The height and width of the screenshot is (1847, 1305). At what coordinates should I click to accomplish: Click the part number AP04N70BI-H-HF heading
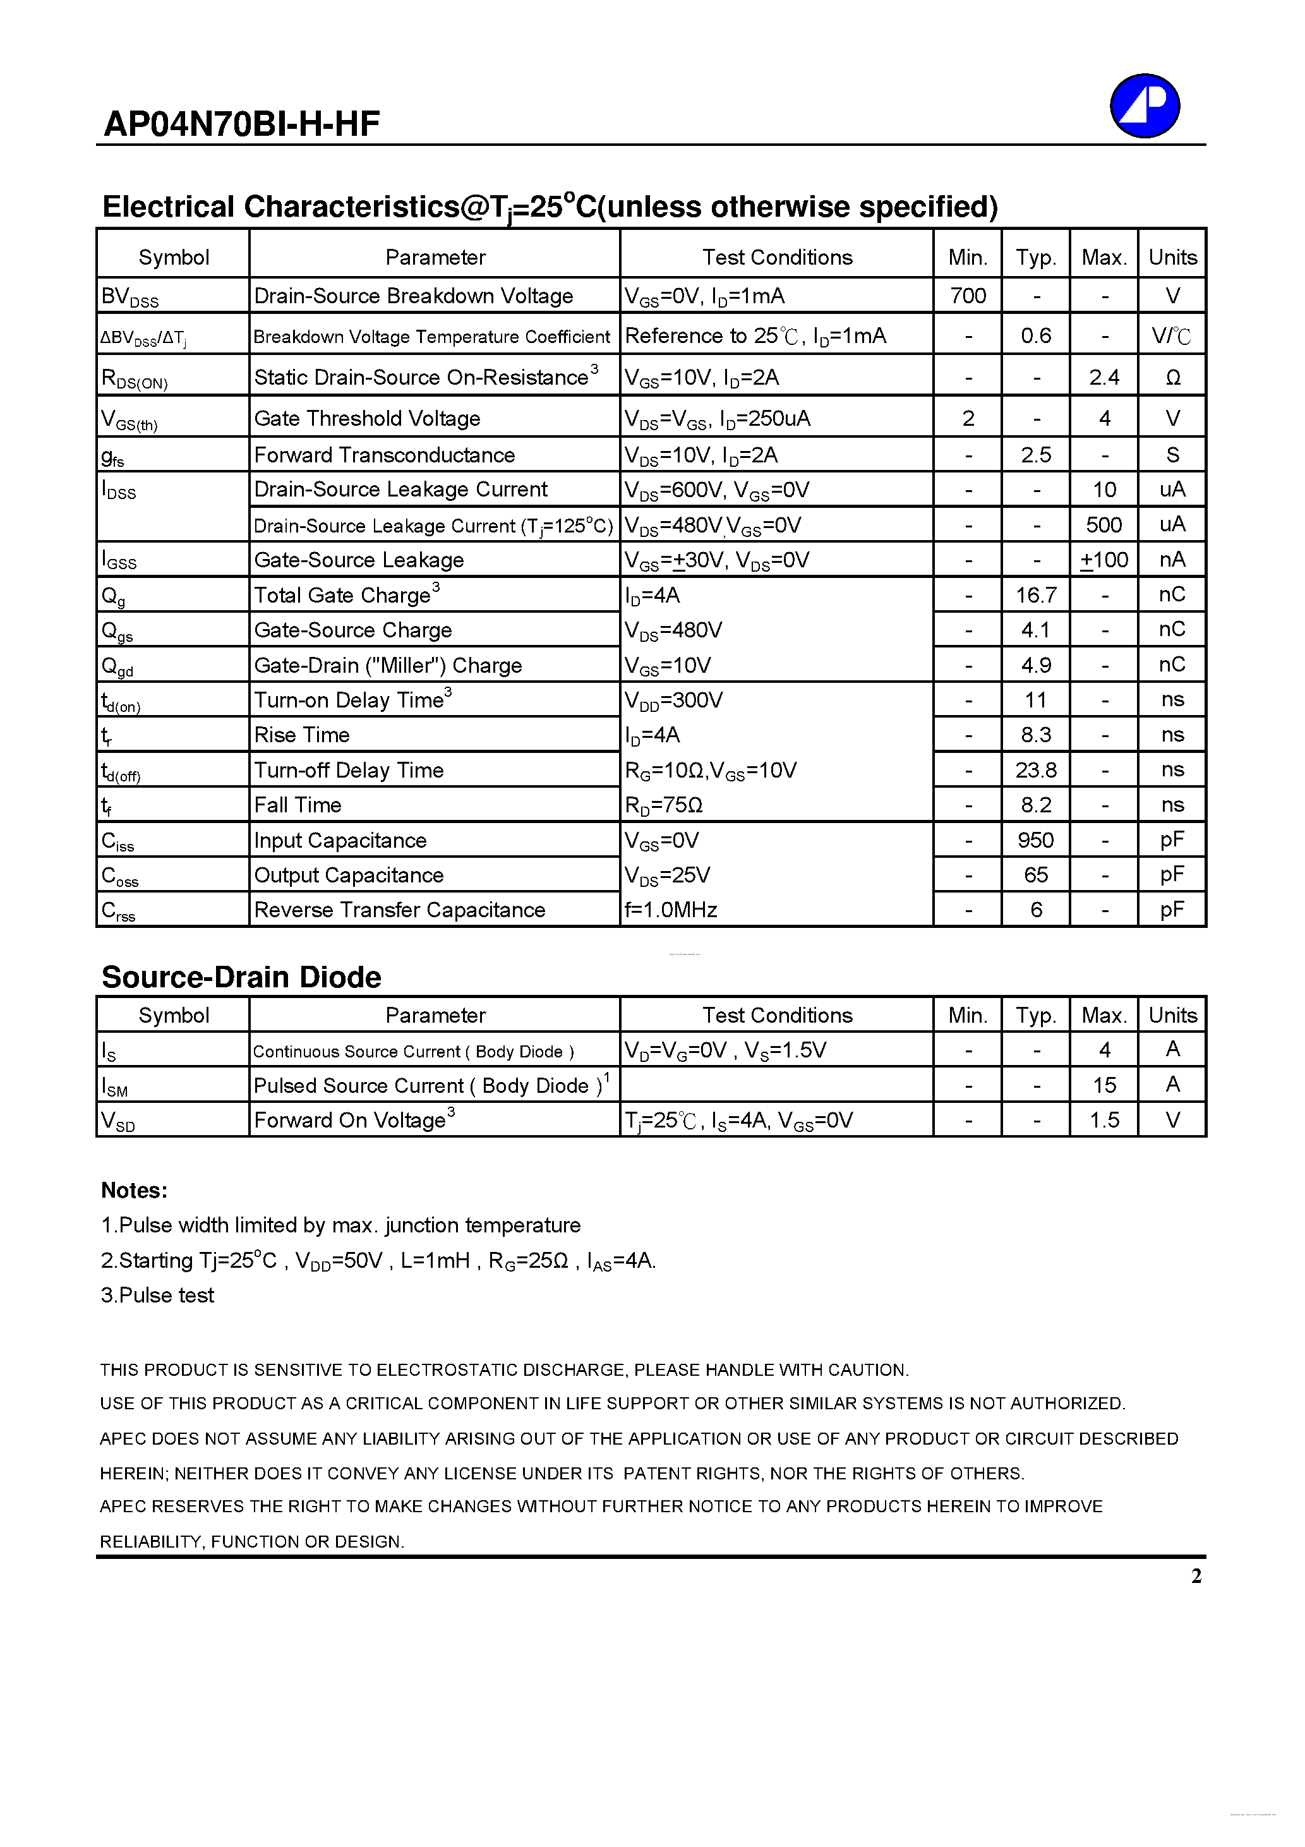click(241, 124)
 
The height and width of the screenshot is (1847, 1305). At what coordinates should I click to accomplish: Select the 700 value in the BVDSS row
click(967, 296)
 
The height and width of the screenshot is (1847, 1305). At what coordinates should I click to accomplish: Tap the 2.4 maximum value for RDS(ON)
click(1104, 377)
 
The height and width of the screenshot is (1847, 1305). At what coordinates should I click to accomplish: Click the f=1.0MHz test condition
click(671, 910)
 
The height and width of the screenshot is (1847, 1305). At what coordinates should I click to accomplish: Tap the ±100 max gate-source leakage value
click(1104, 560)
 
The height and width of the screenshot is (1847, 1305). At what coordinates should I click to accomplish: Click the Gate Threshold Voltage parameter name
click(367, 418)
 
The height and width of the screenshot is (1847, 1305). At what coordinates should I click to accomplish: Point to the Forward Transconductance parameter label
click(385, 455)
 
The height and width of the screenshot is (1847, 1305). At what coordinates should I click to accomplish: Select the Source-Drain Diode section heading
click(241, 977)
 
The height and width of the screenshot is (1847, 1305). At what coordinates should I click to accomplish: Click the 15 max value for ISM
click(1104, 1085)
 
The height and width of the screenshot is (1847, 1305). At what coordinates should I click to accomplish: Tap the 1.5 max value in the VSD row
click(1104, 1120)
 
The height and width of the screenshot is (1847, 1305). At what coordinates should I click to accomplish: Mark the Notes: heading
click(135, 1191)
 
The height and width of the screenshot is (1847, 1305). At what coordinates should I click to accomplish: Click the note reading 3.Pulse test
click(158, 1295)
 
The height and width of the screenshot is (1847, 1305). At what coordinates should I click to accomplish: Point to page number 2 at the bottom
click(1196, 1576)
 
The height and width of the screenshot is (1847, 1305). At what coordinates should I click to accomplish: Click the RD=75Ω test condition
click(664, 805)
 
